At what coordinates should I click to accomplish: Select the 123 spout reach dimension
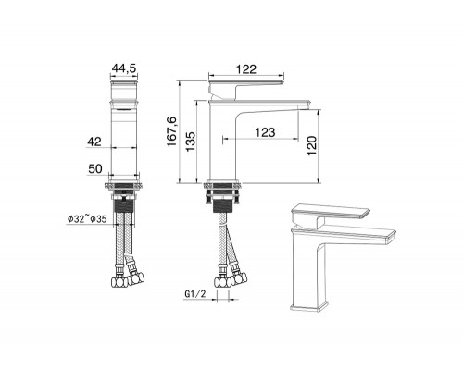coord(265,134)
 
